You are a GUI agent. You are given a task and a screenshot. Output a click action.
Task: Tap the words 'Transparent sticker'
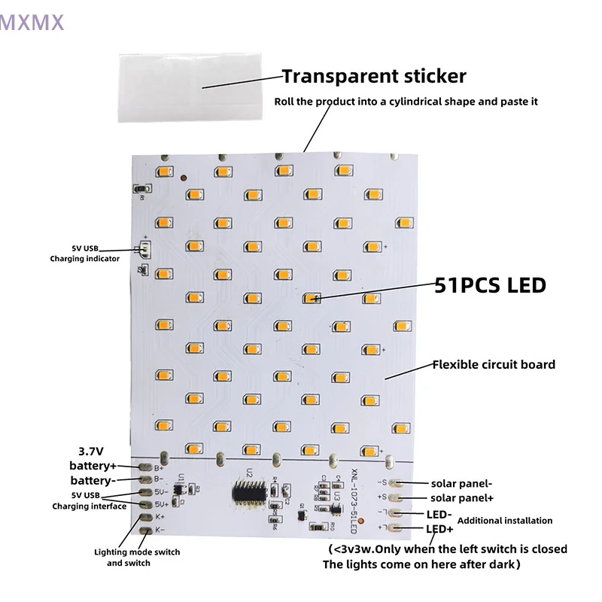pos(374,76)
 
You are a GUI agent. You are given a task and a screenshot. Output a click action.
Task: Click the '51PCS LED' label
pos(490,285)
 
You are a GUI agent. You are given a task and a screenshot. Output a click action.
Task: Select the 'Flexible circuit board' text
pos(493,365)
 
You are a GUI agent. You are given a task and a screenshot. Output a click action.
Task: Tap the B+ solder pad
pos(144,467)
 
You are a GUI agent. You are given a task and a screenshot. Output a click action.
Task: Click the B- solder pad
pos(144,479)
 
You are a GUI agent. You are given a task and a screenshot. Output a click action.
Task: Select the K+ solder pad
pos(144,517)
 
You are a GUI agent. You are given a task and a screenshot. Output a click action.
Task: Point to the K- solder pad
pos(144,530)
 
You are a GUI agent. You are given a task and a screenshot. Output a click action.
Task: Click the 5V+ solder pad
pos(144,504)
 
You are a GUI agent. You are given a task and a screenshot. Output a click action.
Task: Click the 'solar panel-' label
pos(462,483)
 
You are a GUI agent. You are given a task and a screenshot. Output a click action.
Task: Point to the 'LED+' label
pos(439,528)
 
